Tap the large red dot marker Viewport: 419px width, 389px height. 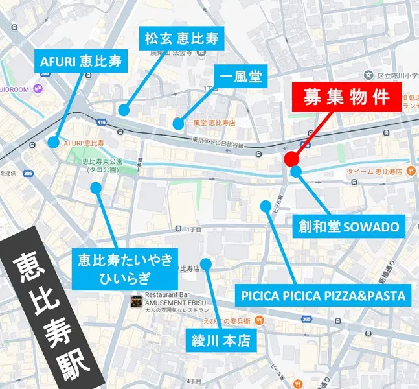pyautogui.click(x=291, y=159)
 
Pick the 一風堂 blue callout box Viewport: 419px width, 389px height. pyautogui.click(x=240, y=77)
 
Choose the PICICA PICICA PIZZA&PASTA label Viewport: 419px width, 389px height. pyautogui.click(x=323, y=296)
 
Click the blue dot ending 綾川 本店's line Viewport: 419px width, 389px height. pyautogui.click(x=205, y=264)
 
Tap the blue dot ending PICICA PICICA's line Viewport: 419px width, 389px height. pyautogui.click(x=265, y=206)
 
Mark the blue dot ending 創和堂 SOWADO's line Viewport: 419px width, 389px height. pyautogui.click(x=295, y=172)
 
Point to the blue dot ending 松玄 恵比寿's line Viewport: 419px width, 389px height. pyautogui.click(x=123, y=110)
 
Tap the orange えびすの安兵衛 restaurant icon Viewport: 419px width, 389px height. pyautogui.click(x=259, y=320)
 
